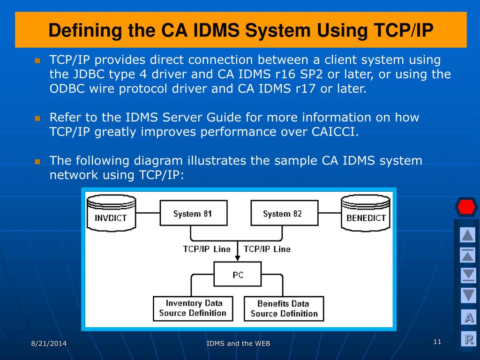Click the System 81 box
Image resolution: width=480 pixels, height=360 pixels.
coord(194,213)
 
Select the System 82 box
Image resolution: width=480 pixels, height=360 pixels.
coord(285,213)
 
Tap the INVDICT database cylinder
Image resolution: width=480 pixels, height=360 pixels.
coord(111,213)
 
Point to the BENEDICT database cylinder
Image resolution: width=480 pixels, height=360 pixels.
coord(366,213)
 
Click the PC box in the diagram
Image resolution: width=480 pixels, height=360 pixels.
coord(238,274)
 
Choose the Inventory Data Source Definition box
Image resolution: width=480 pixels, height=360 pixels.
coord(193,308)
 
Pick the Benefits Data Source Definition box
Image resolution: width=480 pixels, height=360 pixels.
coord(284,308)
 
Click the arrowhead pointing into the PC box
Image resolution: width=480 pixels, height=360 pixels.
coord(238,258)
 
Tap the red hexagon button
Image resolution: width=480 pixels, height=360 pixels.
coord(466,207)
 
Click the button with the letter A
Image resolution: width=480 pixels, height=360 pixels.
coord(468,317)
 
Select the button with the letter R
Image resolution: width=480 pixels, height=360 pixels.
coord(468,339)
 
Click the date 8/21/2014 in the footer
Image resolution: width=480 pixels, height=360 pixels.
coord(49,344)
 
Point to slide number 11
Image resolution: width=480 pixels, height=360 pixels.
coord(437,342)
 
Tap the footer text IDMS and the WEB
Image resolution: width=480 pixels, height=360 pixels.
coord(239,344)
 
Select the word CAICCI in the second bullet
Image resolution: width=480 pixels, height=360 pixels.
coord(335,132)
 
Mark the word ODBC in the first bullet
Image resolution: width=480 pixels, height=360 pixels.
coord(67,89)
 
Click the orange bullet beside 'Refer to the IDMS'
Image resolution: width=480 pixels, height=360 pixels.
coord(37,118)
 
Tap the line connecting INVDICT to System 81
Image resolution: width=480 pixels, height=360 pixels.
coord(148,213)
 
